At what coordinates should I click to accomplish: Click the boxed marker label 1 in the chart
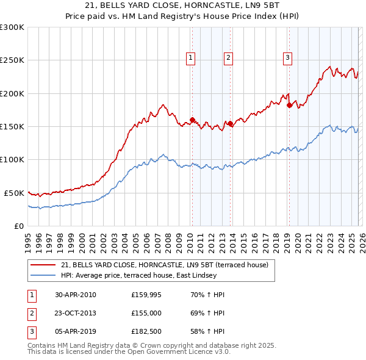tap(191, 58)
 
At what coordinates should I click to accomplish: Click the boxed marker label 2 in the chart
tap(228, 58)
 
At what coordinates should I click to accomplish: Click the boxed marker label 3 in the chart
tap(287, 58)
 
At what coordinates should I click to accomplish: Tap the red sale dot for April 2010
tap(192, 120)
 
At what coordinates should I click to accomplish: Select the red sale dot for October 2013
tap(230, 123)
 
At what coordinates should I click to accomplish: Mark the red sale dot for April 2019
tap(289, 105)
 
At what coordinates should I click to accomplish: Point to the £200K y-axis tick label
tap(12, 93)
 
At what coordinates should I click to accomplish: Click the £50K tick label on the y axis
tap(14, 193)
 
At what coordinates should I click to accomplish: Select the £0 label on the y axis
tap(19, 226)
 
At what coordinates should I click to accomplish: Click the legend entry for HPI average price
tap(138, 275)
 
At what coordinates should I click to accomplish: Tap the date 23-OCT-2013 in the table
tap(75, 314)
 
